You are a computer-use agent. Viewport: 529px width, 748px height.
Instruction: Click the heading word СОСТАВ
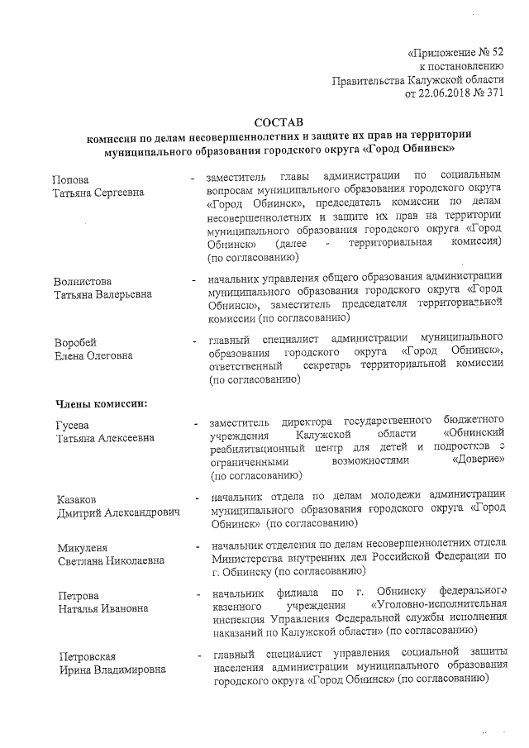274,122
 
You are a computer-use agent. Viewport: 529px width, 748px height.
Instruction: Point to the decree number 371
494,93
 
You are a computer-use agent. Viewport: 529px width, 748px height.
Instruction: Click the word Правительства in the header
369,80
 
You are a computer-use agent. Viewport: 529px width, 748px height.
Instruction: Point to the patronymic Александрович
141,513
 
